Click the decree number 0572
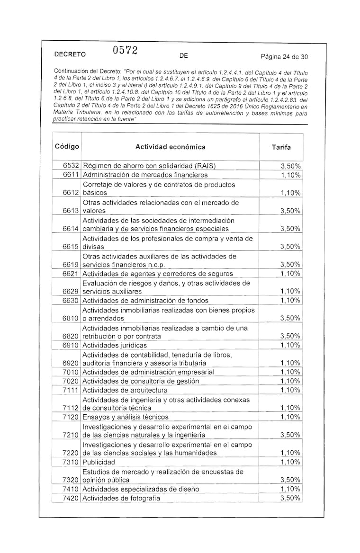tap(125, 51)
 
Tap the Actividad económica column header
tap(171, 147)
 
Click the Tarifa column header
tap(281, 147)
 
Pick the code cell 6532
tap(72, 166)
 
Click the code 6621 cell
tap(72, 274)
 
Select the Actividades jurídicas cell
tap(115, 345)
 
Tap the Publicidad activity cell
tap(99, 462)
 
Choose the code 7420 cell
tap(72, 498)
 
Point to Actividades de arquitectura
tap(125, 390)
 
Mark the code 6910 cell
tap(72, 345)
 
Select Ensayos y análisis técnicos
tap(126, 417)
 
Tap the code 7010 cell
tap(72, 372)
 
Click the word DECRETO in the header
tap(70, 54)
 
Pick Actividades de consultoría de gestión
tap(141, 381)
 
